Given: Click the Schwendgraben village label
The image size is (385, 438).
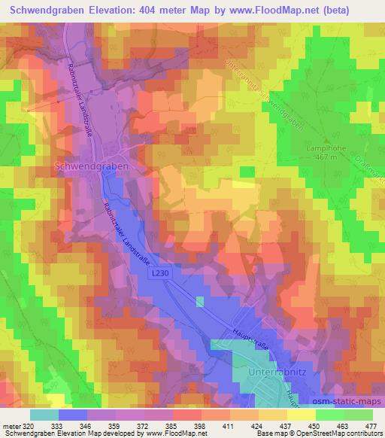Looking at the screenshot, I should click(x=92, y=163).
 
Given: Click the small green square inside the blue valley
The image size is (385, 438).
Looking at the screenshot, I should click(x=199, y=302).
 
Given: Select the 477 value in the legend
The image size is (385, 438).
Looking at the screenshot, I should click(x=371, y=425).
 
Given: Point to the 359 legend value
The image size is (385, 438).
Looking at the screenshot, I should click(x=113, y=425).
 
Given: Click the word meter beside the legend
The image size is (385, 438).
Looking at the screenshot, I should click(x=11, y=425).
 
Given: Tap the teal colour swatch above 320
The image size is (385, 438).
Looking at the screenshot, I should click(x=44, y=415).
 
